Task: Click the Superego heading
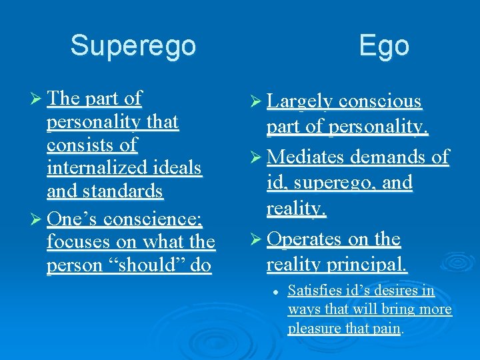click(133, 46)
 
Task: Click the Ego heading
click(383, 46)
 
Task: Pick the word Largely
click(299, 101)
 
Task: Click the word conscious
click(380, 101)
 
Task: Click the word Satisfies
click(313, 291)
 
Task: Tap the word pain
click(387, 328)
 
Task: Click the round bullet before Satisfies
click(275, 291)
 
